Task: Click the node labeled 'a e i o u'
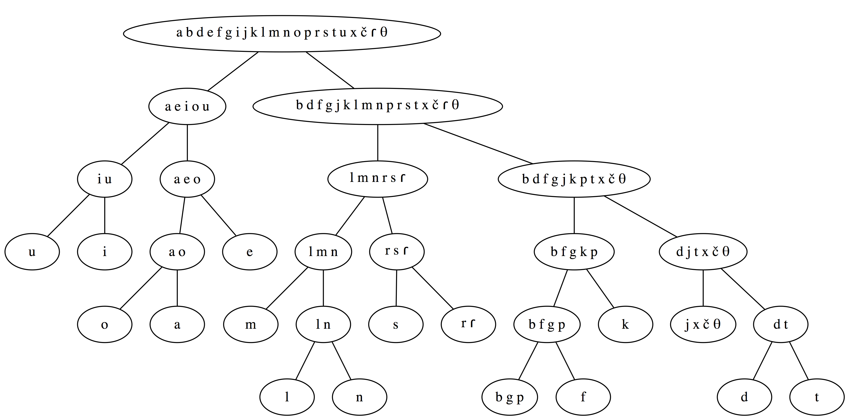187,107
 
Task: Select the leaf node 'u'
32,252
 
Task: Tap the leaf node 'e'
250,252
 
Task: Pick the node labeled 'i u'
105,179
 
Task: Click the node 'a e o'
187,179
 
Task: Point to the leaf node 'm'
251,324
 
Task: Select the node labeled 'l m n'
323,252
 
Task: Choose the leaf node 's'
396,324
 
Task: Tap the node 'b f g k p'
574,252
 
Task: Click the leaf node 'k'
625,324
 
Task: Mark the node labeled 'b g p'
509,397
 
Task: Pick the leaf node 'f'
583,397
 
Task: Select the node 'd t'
781,324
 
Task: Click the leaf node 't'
817,397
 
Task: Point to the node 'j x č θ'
703,324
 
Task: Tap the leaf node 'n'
360,397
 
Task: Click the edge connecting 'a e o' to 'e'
219,216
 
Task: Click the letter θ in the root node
383,32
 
